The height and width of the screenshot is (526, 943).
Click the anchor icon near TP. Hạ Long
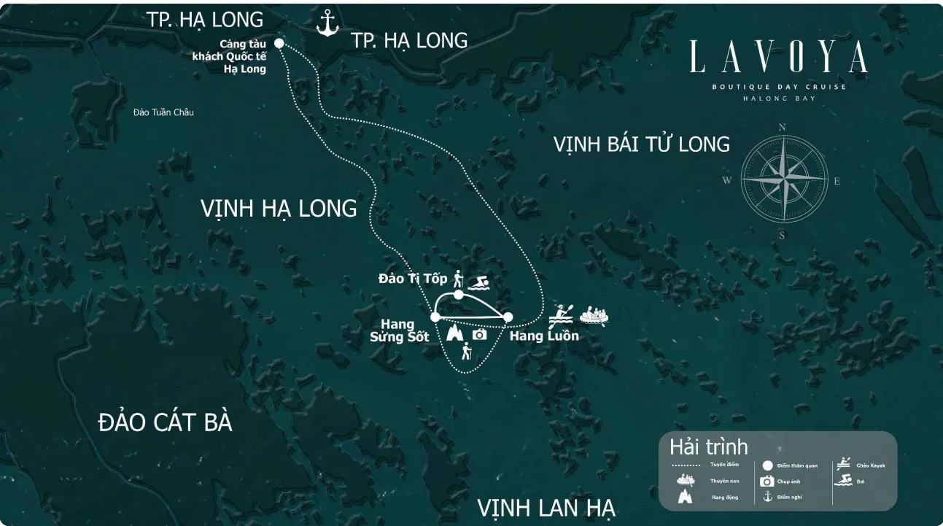tap(327, 23)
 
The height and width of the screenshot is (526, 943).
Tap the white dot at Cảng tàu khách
tap(279, 43)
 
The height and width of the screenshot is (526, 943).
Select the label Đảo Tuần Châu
tap(163, 112)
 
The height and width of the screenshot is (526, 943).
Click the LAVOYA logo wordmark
tap(779, 57)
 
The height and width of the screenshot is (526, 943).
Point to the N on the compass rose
tap(782, 127)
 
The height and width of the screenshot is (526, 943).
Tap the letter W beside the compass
tap(727, 181)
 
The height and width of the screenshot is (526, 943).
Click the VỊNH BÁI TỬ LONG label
tap(641, 144)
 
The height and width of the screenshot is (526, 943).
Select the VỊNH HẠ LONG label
tap(279, 209)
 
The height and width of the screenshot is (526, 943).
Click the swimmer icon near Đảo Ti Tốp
tap(478, 282)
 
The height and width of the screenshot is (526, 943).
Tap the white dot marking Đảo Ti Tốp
tap(458, 295)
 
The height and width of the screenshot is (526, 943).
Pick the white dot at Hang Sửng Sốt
tap(435, 317)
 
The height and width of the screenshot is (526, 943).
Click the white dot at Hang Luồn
tap(508, 317)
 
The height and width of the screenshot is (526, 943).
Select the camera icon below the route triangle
tap(479, 334)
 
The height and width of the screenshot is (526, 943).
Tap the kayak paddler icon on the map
tap(561, 314)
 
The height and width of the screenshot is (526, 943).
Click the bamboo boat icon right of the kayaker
tap(594, 315)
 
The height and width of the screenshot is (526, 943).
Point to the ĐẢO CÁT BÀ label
tap(165, 422)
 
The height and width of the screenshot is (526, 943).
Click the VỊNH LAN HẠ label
tap(546, 507)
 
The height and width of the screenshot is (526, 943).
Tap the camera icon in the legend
tap(767, 481)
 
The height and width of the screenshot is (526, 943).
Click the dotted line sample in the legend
tap(686, 465)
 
